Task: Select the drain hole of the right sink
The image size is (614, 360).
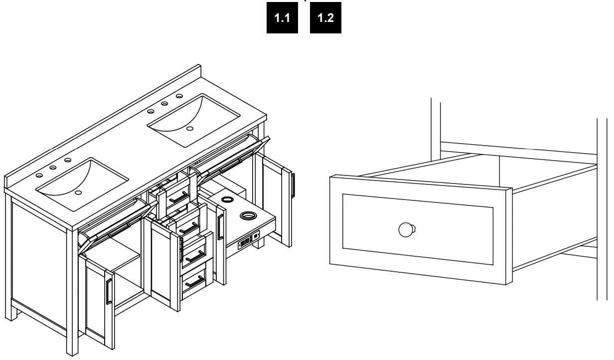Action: pyautogui.click(x=189, y=128)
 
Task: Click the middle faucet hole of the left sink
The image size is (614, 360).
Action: pyautogui.click(x=53, y=168)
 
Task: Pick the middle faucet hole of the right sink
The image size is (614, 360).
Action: pyautogui.click(x=164, y=103)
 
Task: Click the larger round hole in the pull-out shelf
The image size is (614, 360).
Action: pyautogui.click(x=247, y=215)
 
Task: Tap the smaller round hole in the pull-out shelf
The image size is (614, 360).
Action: pyautogui.click(x=227, y=199)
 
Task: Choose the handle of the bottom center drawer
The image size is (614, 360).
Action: pyautogui.click(x=194, y=282)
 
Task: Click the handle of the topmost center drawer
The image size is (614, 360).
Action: pyautogui.click(x=177, y=198)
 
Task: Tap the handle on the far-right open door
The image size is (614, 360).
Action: pyautogui.click(x=293, y=184)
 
